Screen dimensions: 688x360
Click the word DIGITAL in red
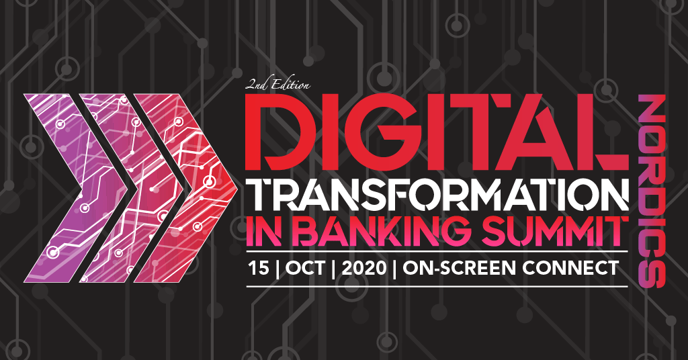click(x=437, y=132)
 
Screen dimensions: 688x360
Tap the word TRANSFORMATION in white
click(x=437, y=195)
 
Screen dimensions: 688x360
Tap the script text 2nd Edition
click(x=277, y=84)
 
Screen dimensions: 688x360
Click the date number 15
click(x=259, y=267)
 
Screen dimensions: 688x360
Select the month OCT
click(x=306, y=267)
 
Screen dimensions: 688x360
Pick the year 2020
click(x=363, y=267)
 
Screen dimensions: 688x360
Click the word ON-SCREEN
click(x=459, y=267)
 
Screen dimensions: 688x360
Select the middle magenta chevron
click(x=132, y=188)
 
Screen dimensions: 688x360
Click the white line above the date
click(x=437, y=251)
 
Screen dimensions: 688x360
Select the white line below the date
click(x=437, y=286)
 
